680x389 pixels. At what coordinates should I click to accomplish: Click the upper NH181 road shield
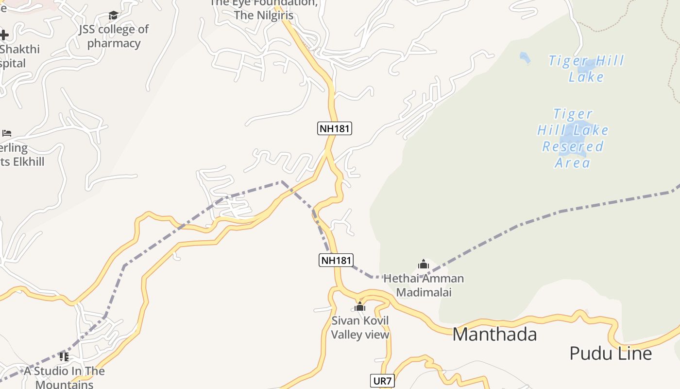(x=334, y=128)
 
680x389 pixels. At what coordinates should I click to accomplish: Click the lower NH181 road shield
(x=336, y=260)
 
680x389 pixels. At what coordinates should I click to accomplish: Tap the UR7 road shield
(x=381, y=381)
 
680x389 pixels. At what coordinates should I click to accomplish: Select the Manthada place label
(x=494, y=335)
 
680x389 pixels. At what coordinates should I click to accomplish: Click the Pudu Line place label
(x=610, y=354)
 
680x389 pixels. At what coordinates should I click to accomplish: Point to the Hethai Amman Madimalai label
(x=424, y=285)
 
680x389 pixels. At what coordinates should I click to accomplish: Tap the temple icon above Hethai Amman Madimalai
(x=424, y=265)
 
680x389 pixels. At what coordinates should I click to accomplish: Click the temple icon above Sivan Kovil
(x=360, y=306)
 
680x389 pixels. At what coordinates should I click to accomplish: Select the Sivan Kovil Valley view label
(x=360, y=328)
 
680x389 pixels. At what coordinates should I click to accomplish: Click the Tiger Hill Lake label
(x=586, y=69)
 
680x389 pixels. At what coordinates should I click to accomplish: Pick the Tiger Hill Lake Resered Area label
(x=573, y=138)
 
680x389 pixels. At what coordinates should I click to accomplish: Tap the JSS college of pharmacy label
(x=114, y=36)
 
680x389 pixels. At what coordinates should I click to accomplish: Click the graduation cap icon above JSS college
(x=114, y=16)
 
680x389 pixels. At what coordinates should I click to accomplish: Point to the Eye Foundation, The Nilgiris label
(x=264, y=9)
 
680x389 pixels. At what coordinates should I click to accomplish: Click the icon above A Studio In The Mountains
(x=64, y=357)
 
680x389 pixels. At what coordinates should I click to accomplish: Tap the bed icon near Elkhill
(x=7, y=133)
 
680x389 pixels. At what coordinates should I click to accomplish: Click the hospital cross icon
(x=4, y=35)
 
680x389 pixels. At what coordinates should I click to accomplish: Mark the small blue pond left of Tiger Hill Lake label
(x=525, y=58)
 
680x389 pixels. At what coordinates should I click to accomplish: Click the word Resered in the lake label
(x=573, y=146)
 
